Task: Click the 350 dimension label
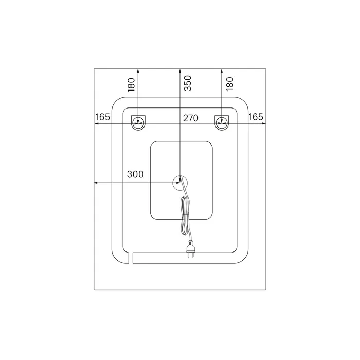(188, 83)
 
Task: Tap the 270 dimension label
(191, 118)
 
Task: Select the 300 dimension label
(135, 174)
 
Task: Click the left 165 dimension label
(103, 117)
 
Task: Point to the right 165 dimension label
(256, 117)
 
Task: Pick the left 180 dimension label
(131, 85)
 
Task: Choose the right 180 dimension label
(229, 84)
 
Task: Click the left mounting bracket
(138, 123)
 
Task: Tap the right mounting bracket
(222, 123)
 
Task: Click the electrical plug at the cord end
(191, 248)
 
